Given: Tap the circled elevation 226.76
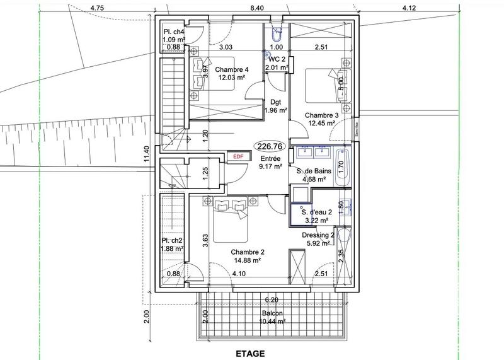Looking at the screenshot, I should tap(270, 146).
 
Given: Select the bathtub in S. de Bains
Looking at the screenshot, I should tap(342, 168).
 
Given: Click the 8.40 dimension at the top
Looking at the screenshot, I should tap(256, 8).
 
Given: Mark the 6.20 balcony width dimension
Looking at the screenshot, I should tap(272, 299).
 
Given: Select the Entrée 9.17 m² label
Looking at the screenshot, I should tap(269, 163).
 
